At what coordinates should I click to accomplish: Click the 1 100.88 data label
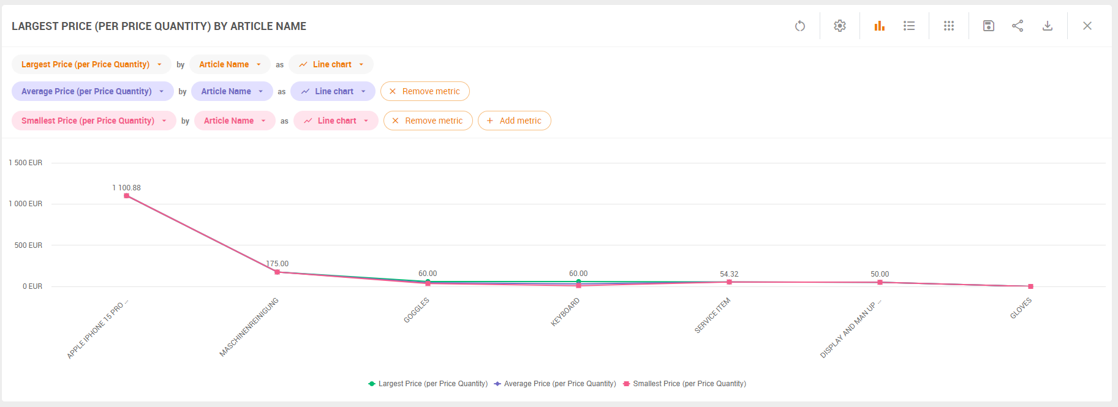pyautogui.click(x=126, y=188)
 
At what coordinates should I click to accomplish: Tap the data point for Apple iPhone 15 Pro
pyautogui.click(x=126, y=196)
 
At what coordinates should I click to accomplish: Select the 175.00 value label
pyautogui.click(x=278, y=264)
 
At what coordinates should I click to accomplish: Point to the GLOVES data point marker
pyautogui.click(x=1030, y=286)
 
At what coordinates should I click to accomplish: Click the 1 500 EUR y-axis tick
pyautogui.click(x=26, y=163)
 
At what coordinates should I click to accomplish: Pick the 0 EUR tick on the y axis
pyautogui.click(x=32, y=286)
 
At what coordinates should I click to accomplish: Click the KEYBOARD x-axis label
pyautogui.click(x=565, y=312)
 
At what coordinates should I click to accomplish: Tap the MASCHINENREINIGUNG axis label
pyautogui.click(x=249, y=327)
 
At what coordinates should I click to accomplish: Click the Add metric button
pyautogui.click(x=514, y=121)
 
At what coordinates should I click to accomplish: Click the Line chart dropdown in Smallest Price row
pyautogui.click(x=336, y=121)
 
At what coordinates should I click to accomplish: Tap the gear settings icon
pyautogui.click(x=840, y=26)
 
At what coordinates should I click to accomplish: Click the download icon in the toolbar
pyautogui.click(x=1048, y=26)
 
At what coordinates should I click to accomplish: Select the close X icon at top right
pyautogui.click(x=1087, y=26)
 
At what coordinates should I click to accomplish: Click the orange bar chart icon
pyautogui.click(x=880, y=26)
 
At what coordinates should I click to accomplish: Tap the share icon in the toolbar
pyautogui.click(x=1018, y=26)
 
